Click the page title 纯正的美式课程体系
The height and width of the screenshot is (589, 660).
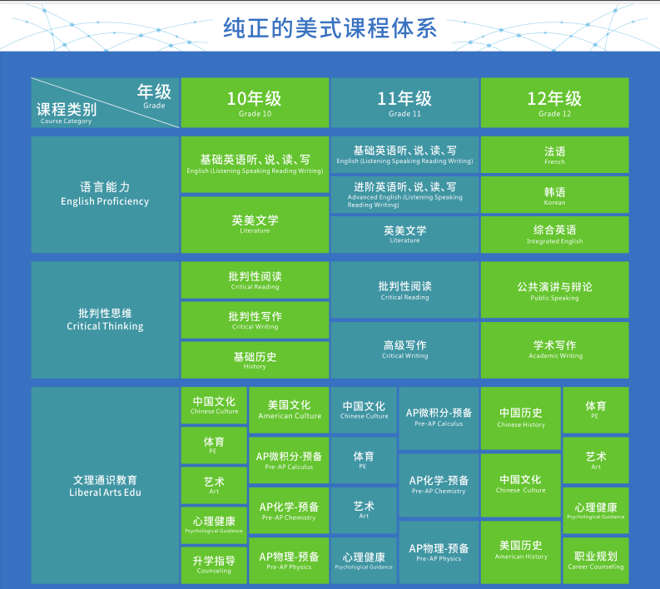pos(330,28)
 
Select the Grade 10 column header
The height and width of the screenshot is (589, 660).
pos(255,102)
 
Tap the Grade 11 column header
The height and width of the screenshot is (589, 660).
pos(404,102)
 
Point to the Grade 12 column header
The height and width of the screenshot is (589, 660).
pos(555,102)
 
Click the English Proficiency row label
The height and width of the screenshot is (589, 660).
pos(105,195)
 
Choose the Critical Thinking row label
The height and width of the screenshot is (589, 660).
pos(105,319)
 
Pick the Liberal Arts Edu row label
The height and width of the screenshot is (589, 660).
pos(105,486)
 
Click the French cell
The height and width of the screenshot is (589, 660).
pos(555,155)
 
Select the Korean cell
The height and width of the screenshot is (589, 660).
pos(555,195)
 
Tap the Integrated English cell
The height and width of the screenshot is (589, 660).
pos(555,235)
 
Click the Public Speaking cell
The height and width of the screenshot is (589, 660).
pos(555,290)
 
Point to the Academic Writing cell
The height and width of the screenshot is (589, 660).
pos(555,350)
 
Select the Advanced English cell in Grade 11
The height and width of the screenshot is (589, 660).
pos(404,195)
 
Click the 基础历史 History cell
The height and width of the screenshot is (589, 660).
pos(255,360)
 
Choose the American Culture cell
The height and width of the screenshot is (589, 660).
pos(289,410)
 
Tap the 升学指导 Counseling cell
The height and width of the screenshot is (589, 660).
pos(214,565)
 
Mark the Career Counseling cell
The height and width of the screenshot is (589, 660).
pos(596,561)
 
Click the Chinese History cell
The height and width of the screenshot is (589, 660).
pos(521,418)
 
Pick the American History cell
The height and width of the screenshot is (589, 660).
pos(521,552)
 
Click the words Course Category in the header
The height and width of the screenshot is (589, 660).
pos(66,121)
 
